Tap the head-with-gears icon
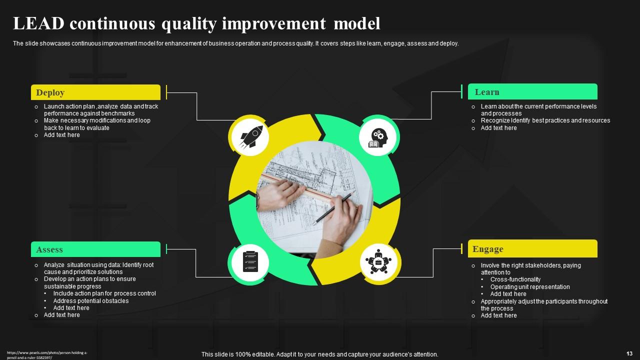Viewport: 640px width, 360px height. (378, 137)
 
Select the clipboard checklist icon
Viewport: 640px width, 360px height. (250, 261)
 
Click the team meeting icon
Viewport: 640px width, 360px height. (378, 262)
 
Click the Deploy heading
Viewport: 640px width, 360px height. (50, 92)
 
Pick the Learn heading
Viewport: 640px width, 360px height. (487, 92)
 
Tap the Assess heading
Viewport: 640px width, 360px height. (49, 249)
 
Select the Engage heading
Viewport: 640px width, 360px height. (487, 249)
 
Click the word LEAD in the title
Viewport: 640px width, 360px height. (38, 23)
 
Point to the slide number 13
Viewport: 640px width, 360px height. (629, 353)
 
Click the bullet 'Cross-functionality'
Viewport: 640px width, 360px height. (515, 279)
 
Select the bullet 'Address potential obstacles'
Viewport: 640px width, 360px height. (91, 301)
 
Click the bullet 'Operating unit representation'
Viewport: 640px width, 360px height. (530, 287)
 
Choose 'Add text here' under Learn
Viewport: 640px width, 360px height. (498, 128)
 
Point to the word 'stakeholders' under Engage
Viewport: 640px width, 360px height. (539, 265)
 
